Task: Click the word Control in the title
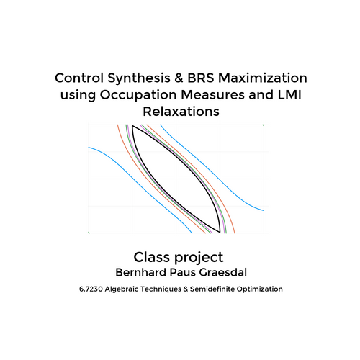(x=79, y=78)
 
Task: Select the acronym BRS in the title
(x=201, y=78)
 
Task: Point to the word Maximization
(x=263, y=78)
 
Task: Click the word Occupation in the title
(x=138, y=96)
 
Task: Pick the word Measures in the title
(x=213, y=95)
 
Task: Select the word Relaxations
(x=181, y=112)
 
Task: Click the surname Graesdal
(x=223, y=272)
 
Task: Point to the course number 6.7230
(x=91, y=289)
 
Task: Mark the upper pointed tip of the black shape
(x=132, y=126)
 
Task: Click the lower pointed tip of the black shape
(x=220, y=232)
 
